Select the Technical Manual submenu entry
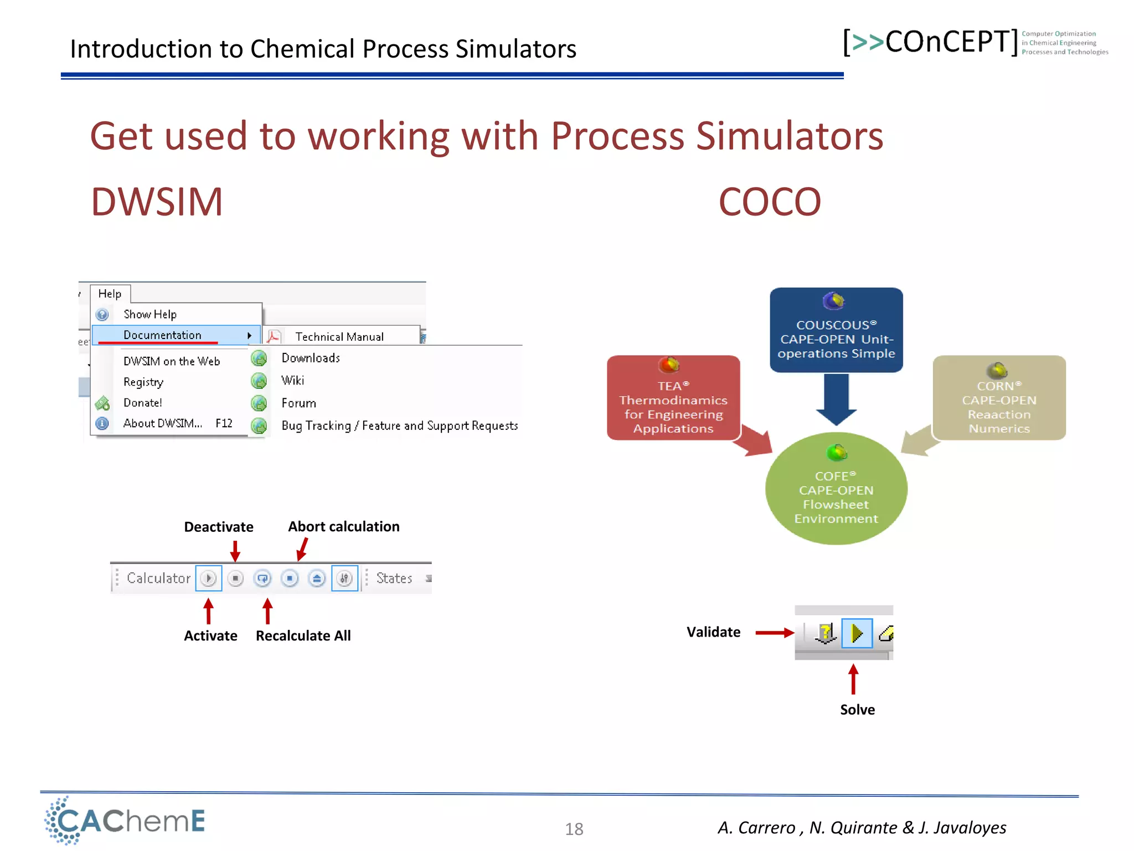click(x=339, y=336)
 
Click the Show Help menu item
click(x=150, y=314)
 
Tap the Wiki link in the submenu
click(x=292, y=381)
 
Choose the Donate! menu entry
click(x=143, y=403)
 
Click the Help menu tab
click(x=110, y=294)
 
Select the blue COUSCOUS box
click(x=836, y=330)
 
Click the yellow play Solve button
click(x=857, y=633)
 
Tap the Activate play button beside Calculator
click(x=209, y=578)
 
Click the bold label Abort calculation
click(x=343, y=526)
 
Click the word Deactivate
click(x=218, y=527)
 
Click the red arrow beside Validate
click(x=774, y=633)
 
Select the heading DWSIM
click(x=157, y=202)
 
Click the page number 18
click(x=574, y=829)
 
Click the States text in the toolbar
click(x=394, y=578)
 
